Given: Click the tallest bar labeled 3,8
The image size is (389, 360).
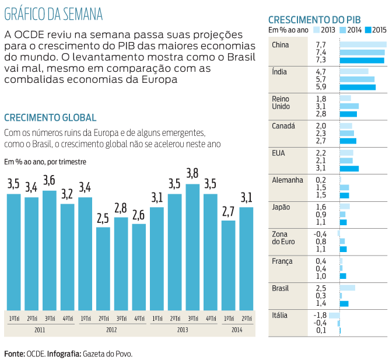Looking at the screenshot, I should (x=192, y=247).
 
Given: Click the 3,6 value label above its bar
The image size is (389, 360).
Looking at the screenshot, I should (x=50, y=180).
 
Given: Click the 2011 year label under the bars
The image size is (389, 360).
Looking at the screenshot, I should (x=40, y=330).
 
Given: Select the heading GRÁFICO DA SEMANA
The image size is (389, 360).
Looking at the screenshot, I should (x=53, y=13).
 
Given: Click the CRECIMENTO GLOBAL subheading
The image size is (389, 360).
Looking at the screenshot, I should (x=50, y=117).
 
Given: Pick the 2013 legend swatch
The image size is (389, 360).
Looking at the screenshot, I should (x=316, y=29).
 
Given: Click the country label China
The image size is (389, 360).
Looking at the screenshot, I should (x=281, y=45).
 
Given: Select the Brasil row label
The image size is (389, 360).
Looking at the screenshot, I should (x=281, y=288).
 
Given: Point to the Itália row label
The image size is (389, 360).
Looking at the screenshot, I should (x=280, y=315).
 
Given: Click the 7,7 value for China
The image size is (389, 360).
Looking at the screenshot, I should (x=320, y=45).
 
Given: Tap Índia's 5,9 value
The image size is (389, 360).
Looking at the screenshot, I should (x=320, y=87).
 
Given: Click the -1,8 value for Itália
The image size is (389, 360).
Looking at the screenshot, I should (x=320, y=315).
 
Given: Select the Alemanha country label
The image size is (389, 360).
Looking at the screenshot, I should (x=288, y=180).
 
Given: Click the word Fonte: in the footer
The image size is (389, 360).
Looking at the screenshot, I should (x=15, y=353).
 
